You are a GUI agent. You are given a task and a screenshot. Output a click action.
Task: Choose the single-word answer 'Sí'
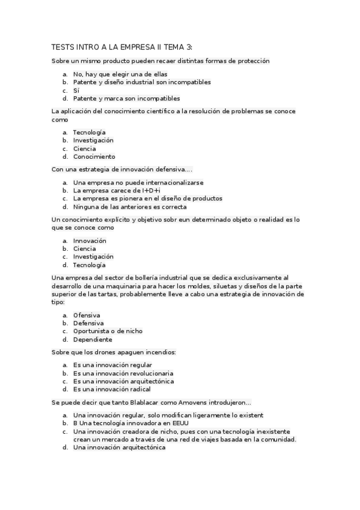click(76, 90)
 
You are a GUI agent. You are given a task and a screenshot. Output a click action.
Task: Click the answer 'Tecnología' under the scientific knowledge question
click(89, 132)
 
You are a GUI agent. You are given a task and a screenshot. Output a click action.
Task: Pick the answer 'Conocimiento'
click(94, 156)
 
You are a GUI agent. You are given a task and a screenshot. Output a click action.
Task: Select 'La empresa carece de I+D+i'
click(117, 190)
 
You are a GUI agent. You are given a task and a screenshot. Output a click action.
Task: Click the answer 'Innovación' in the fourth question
click(90, 241)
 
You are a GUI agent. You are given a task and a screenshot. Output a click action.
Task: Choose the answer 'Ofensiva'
click(87, 315)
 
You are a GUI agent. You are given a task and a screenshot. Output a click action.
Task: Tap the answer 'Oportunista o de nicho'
click(108, 331)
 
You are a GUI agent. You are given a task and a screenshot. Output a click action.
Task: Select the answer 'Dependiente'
click(93, 339)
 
